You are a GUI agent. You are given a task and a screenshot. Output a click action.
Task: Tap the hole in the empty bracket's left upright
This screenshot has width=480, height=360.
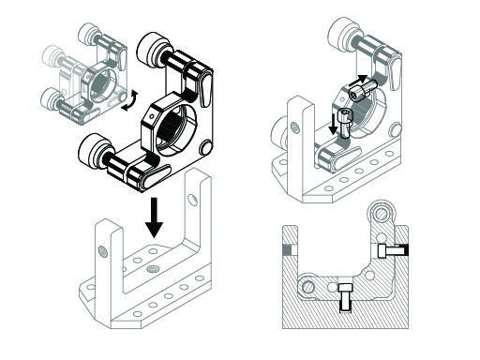pos(100,248)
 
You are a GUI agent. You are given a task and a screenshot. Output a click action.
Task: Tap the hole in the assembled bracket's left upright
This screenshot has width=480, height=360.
pos(294,126)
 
